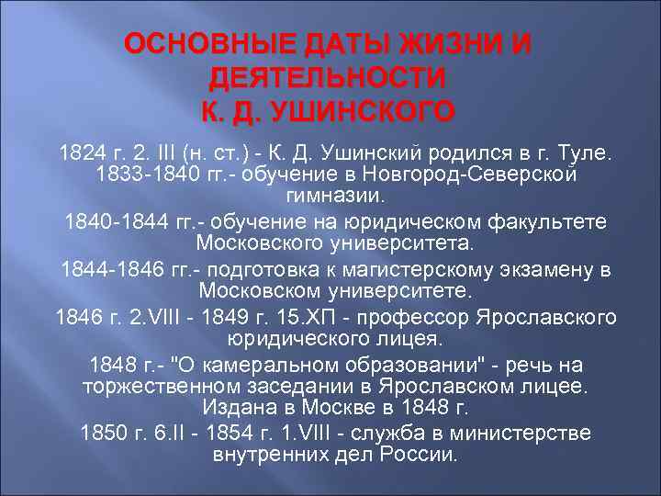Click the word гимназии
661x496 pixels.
point(330,197)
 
